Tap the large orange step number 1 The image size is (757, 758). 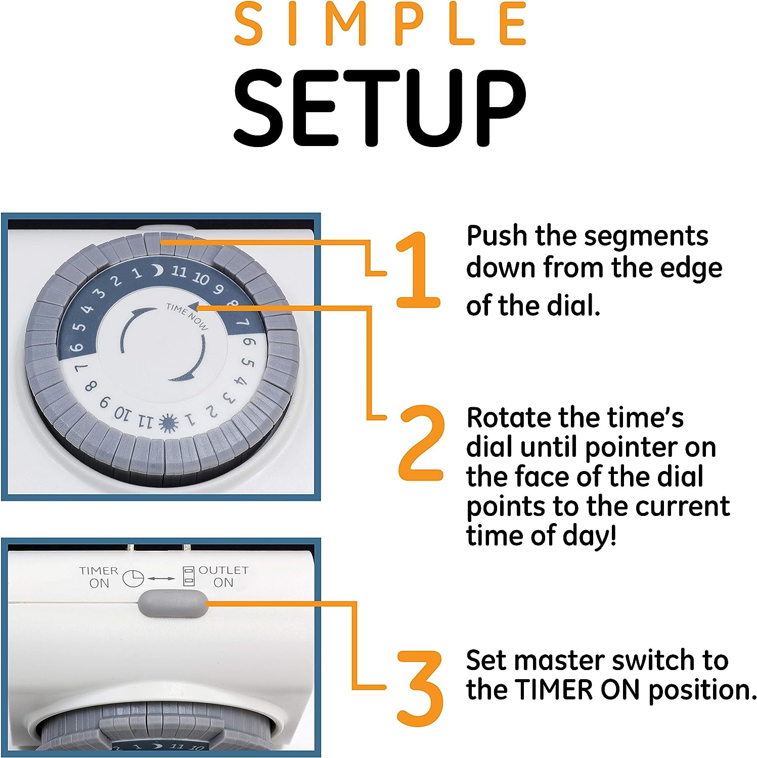tap(417, 269)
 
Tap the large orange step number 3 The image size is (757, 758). tap(420, 687)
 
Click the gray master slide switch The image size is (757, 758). tap(172, 603)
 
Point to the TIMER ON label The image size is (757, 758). tap(99, 577)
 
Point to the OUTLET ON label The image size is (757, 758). tap(223, 576)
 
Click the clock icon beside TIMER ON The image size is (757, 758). tap(133, 578)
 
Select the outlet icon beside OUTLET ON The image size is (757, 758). tap(188, 576)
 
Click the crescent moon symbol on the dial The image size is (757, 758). tap(159, 271)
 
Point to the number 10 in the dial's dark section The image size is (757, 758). tap(201, 278)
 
